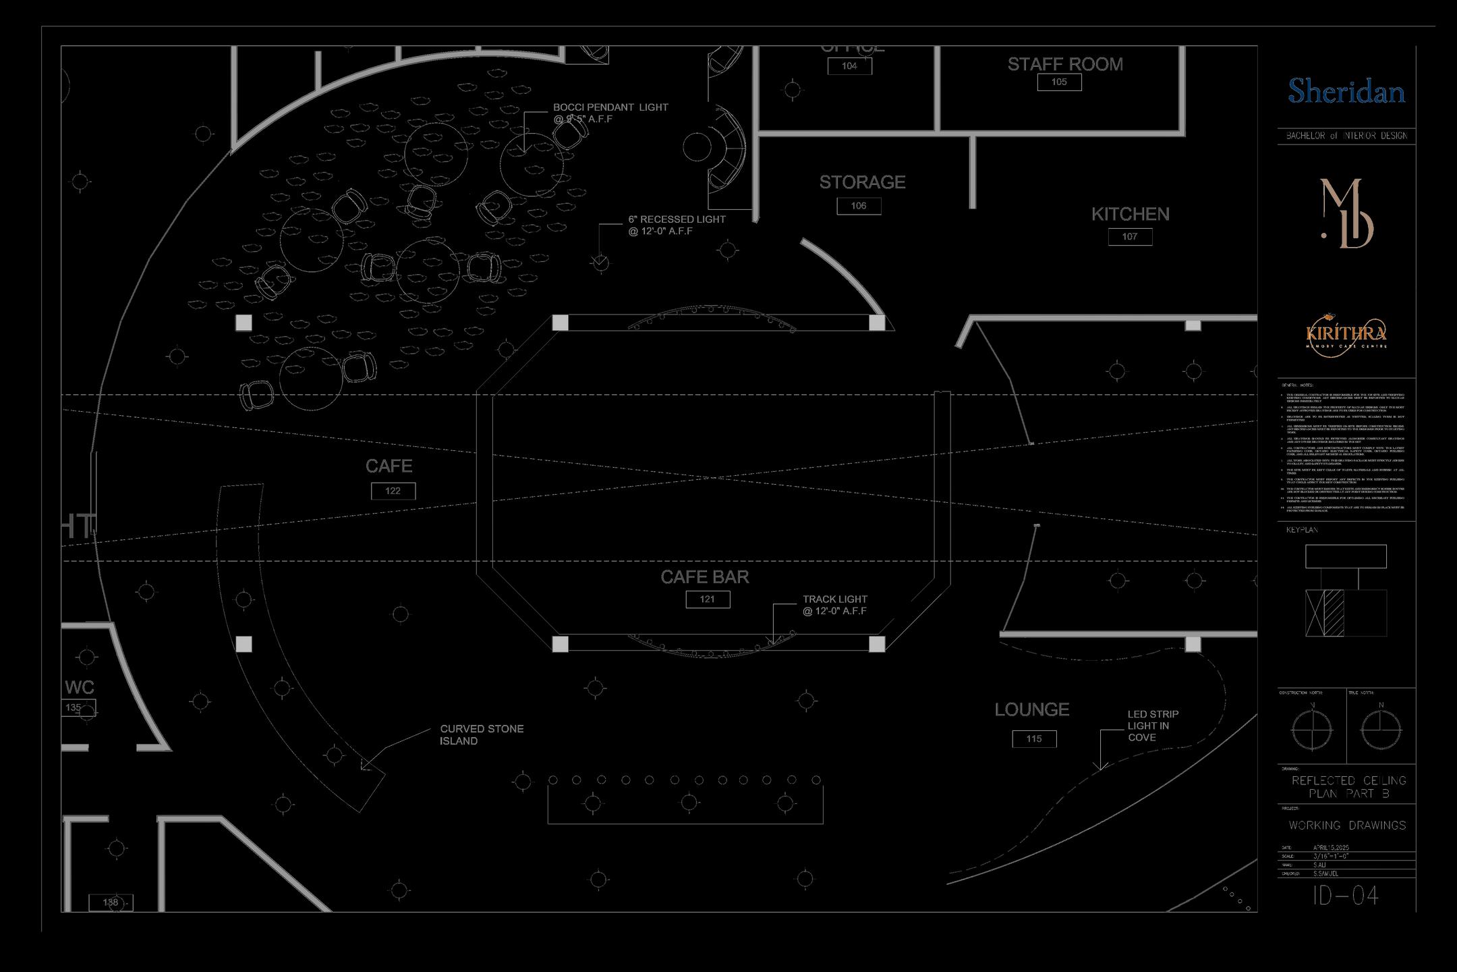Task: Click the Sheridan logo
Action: click(x=1346, y=91)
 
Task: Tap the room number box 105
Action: click(x=1059, y=82)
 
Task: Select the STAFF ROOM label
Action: click(x=1065, y=64)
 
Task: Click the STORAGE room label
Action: click(x=862, y=182)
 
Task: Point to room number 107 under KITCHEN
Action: click(x=1130, y=237)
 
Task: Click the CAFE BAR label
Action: click(x=705, y=577)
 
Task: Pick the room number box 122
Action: click(x=393, y=491)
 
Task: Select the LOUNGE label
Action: click(x=1032, y=709)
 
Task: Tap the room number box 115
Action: click(x=1034, y=739)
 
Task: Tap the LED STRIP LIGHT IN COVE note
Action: click(x=1153, y=726)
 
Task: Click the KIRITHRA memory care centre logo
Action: click(x=1346, y=333)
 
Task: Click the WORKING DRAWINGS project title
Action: click(x=1347, y=825)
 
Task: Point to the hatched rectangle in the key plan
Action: click(x=1334, y=613)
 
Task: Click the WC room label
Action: click(x=80, y=687)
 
